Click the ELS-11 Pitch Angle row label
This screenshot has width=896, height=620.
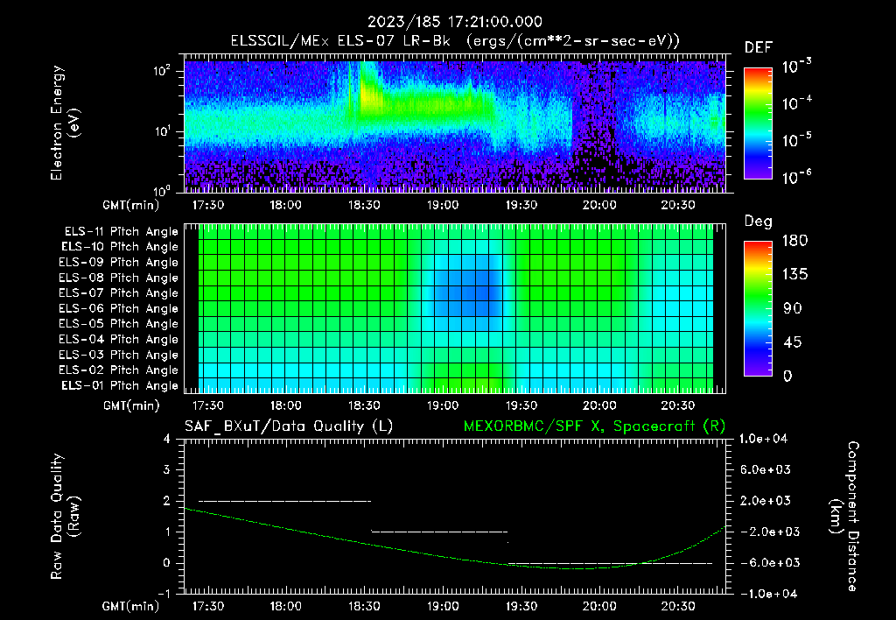[121, 231]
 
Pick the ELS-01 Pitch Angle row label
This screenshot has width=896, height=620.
[121, 385]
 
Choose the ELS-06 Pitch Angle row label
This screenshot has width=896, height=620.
[121, 308]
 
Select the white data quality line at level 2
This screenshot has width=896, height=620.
[284, 501]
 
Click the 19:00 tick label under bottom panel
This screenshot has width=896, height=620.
[443, 606]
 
